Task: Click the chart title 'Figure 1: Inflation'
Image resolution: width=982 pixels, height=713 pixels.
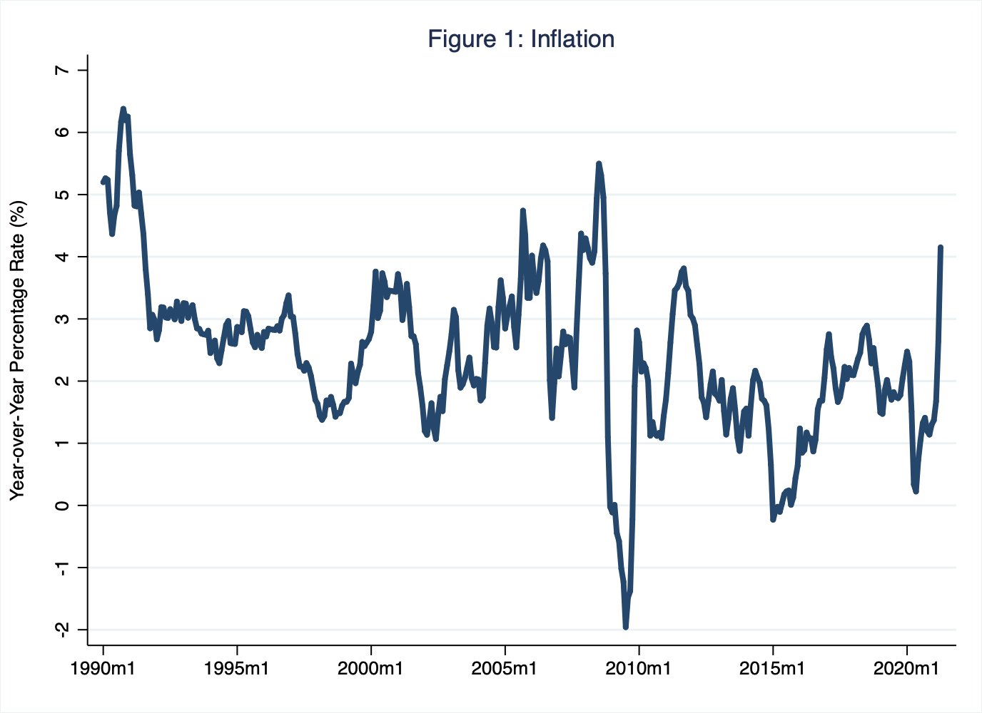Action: point(521,39)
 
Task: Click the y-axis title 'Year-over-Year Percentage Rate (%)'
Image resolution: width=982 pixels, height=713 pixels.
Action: point(18,350)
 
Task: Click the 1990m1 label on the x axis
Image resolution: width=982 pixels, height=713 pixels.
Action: point(103,670)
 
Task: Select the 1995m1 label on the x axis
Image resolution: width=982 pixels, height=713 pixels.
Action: point(237,670)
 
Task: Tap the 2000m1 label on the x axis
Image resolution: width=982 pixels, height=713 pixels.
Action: point(371,670)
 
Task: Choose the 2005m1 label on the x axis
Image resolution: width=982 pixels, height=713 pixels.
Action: point(505,670)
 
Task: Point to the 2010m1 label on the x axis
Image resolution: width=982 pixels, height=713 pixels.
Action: point(639,670)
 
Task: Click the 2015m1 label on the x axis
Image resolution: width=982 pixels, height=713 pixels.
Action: point(773,670)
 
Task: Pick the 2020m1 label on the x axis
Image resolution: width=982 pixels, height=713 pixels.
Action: point(907,670)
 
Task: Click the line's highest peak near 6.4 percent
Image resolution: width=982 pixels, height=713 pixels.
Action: point(123,109)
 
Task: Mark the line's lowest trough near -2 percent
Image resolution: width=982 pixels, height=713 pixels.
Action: point(626,627)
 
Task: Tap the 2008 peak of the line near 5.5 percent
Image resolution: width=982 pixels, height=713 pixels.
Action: point(599,164)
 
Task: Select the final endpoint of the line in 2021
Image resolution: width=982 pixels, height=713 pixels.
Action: point(941,247)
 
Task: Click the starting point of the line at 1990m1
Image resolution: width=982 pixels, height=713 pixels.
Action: point(103,183)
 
